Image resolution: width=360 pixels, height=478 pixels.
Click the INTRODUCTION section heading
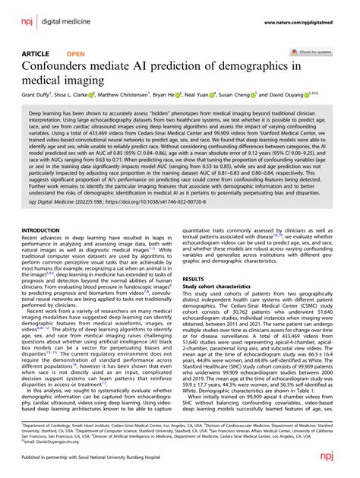click(x=46, y=229)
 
